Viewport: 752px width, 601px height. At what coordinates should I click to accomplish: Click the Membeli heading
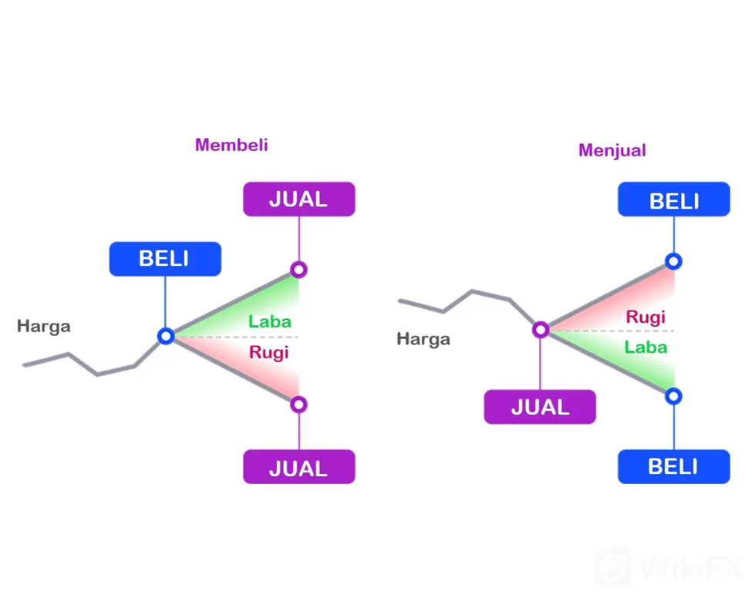tap(231, 145)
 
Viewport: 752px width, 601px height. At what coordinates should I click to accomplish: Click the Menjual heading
tap(612, 150)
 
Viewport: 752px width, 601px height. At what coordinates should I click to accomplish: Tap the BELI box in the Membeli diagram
tap(165, 259)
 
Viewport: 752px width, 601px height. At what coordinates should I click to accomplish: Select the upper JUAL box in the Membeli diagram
tap(298, 199)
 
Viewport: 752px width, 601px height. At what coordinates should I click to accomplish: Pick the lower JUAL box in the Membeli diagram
tap(298, 466)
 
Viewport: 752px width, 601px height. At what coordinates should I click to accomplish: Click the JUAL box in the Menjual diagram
tap(540, 407)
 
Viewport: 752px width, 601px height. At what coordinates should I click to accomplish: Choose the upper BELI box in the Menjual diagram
tap(674, 199)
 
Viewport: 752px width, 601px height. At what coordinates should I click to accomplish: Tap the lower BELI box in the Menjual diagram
tap(674, 466)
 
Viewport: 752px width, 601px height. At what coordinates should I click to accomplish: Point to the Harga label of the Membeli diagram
tap(44, 327)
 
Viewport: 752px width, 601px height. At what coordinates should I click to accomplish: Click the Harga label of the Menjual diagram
tap(423, 339)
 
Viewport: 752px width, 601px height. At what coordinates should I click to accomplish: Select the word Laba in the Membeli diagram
tap(269, 321)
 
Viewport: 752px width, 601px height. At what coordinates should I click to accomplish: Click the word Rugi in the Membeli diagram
tap(268, 353)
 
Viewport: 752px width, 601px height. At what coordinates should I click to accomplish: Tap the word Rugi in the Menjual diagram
tap(646, 317)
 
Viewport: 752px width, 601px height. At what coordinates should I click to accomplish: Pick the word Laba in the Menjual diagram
tap(646, 347)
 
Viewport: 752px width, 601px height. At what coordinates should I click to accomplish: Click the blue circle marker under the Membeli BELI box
tap(166, 336)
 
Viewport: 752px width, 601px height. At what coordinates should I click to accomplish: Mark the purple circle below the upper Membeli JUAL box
tap(298, 270)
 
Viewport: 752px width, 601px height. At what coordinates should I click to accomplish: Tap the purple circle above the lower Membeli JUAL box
tap(298, 405)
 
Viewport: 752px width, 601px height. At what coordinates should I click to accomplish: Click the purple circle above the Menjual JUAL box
tap(541, 330)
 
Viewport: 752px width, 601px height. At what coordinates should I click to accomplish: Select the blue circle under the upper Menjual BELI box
tap(674, 261)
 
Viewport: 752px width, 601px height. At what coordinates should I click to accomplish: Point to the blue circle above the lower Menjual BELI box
tap(674, 396)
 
